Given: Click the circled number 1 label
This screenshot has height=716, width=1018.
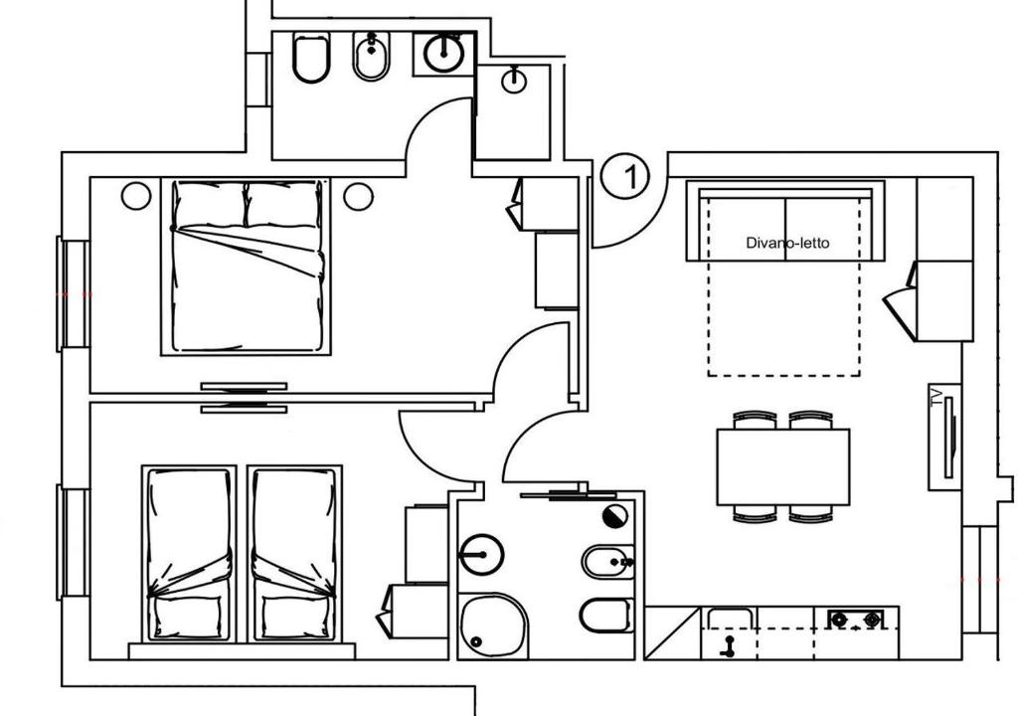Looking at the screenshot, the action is pyautogui.click(x=624, y=176).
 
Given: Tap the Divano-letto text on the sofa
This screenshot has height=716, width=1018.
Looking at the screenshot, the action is pyautogui.click(x=787, y=243).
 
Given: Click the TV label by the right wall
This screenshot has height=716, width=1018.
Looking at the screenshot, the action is pyautogui.click(x=935, y=396).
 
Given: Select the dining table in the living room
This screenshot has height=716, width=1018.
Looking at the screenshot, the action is pyautogui.click(x=783, y=466).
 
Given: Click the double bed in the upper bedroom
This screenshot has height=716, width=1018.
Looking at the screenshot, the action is pyautogui.click(x=246, y=267).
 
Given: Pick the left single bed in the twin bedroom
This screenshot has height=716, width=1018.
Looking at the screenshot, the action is pyautogui.click(x=189, y=553).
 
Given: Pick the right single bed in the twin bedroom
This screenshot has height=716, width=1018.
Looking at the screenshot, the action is pyautogui.click(x=294, y=553).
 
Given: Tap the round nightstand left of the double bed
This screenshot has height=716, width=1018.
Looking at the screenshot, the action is pyautogui.click(x=135, y=195).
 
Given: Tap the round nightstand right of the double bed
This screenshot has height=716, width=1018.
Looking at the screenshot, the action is pyautogui.click(x=358, y=195).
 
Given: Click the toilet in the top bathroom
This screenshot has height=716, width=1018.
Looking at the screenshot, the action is pyautogui.click(x=310, y=58).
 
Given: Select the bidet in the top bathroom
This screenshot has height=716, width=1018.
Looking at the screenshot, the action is pyautogui.click(x=372, y=57).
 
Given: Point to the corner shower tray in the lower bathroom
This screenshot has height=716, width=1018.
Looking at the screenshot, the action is pyautogui.click(x=493, y=626).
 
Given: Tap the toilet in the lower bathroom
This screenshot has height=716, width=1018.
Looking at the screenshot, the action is pyautogui.click(x=606, y=616).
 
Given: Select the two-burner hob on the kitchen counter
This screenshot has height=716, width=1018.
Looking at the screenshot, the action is pyautogui.click(x=857, y=620).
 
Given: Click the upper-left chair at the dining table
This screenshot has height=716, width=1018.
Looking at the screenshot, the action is pyautogui.click(x=755, y=420).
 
